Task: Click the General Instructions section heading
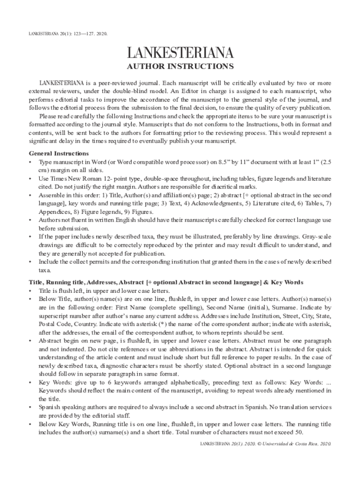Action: (59, 153)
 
